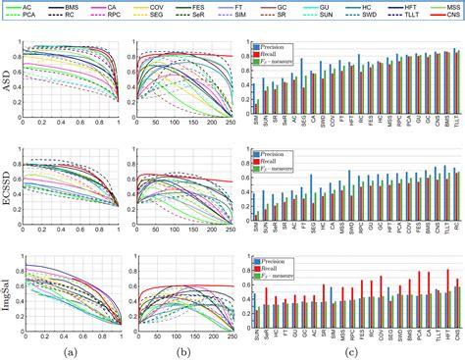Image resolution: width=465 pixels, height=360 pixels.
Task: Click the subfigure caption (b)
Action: [181, 351]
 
